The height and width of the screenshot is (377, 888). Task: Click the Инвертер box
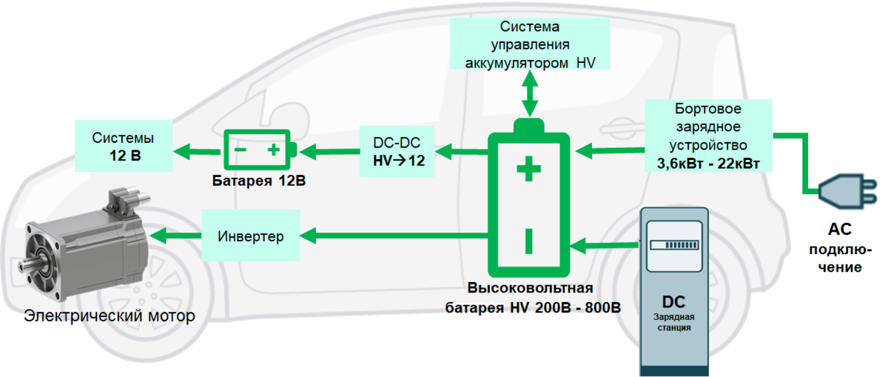(x=251, y=236)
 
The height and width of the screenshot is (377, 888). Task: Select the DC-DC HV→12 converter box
(x=397, y=151)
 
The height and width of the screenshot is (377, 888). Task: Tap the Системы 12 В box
(x=123, y=147)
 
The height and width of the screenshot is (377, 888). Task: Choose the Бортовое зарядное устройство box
(x=708, y=134)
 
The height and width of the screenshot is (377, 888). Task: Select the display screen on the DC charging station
(x=673, y=245)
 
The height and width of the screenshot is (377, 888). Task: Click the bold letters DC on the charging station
(x=673, y=302)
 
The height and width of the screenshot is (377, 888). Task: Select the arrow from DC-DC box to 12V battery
(x=329, y=151)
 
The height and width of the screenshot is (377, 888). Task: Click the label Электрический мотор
(x=110, y=316)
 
